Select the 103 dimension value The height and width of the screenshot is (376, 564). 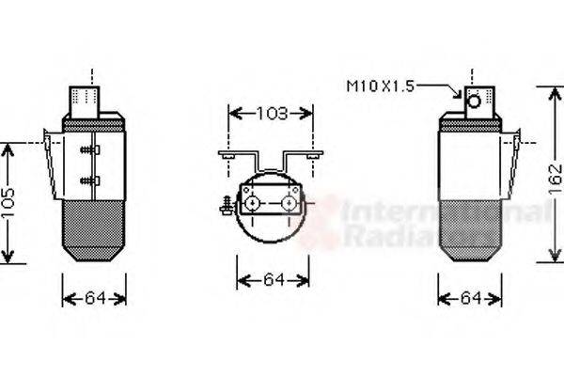(271, 114)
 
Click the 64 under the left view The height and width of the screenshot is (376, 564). (95, 298)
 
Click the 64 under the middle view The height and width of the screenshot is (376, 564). (273, 279)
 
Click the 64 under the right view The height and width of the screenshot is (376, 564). (470, 298)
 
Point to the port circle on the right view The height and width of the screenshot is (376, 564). (475, 100)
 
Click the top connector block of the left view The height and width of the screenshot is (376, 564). (89, 99)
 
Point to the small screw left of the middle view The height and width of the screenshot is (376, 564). (227, 202)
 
